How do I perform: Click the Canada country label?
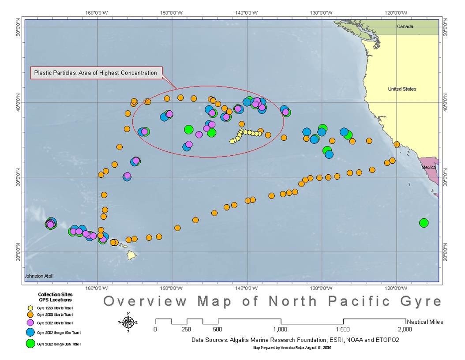pyautogui.click(x=405, y=26)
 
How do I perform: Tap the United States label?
pyautogui.click(x=402, y=89)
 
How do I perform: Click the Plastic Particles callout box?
pyautogui.click(x=96, y=73)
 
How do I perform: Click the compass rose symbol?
pyautogui.click(x=128, y=322)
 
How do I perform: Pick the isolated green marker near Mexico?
pyautogui.click(x=424, y=223)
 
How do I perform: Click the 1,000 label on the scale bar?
pyautogui.click(x=281, y=329)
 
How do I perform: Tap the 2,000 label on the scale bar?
pyautogui.click(x=405, y=329)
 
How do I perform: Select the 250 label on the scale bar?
pyautogui.click(x=186, y=329)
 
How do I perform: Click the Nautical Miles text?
pyautogui.click(x=425, y=322)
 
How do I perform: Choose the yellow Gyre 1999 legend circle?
pyautogui.click(x=30, y=308)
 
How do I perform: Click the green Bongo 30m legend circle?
pyautogui.click(x=30, y=343)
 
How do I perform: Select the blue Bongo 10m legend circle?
pyautogui.click(x=30, y=332)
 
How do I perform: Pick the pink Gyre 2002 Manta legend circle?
pyautogui.click(x=30, y=322)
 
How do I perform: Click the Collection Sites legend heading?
pyautogui.click(x=55, y=294)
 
